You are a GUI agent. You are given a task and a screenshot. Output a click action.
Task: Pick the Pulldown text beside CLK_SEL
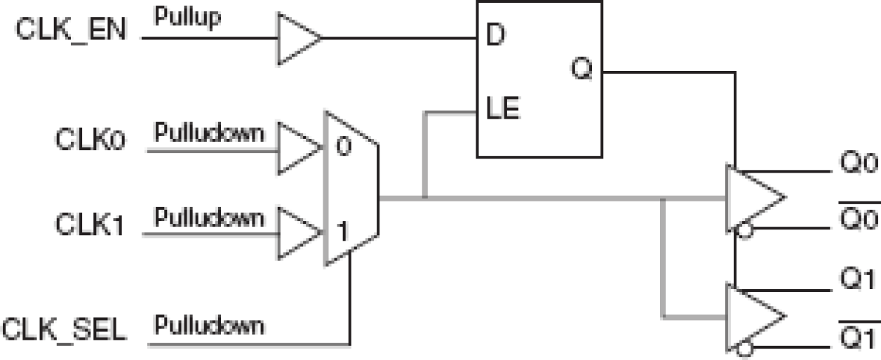pos(210,326)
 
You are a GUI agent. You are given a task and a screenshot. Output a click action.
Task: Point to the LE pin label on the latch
pos(502,110)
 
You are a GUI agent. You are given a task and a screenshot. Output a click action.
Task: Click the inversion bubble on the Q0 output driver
pos(744,229)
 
